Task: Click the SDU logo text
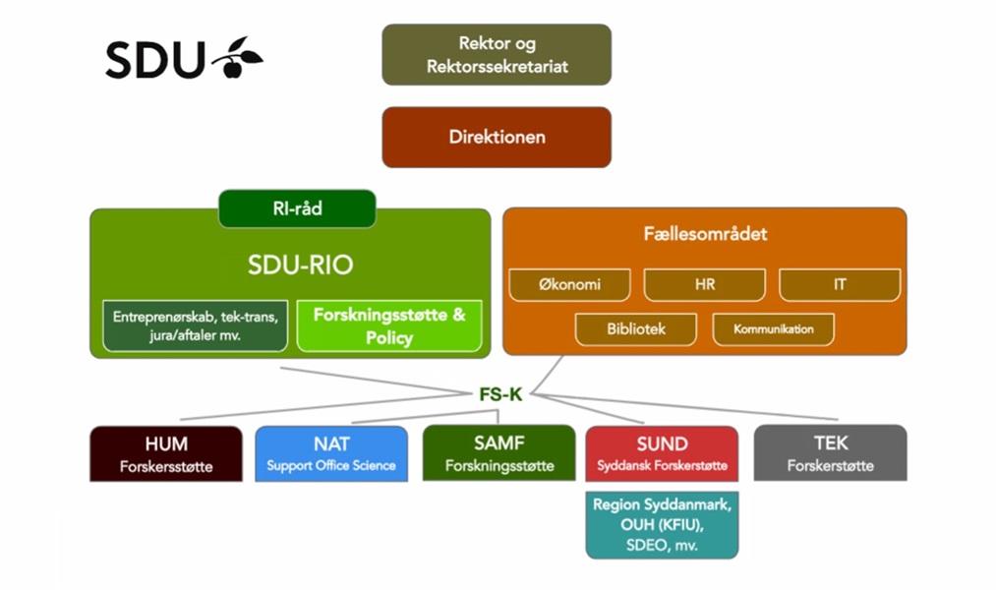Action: [155, 61]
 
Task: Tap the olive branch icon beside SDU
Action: [237, 57]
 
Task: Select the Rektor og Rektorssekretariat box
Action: [497, 55]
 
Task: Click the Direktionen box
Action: [497, 137]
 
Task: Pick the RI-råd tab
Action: [297, 208]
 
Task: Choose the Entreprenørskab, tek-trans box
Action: [195, 325]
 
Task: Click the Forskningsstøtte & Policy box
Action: [389, 325]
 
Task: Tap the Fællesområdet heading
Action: [704, 234]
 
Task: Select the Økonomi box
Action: [569, 285]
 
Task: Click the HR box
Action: [704, 285]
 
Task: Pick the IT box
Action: [840, 285]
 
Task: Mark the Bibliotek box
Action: [635, 329]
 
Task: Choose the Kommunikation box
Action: [773, 329]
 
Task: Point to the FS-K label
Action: [500, 394]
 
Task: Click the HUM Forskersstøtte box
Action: [166, 453]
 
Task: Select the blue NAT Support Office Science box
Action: [331, 453]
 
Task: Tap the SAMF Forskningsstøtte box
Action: [498, 453]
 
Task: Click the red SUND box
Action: [662, 453]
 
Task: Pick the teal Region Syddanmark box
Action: [662, 525]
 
